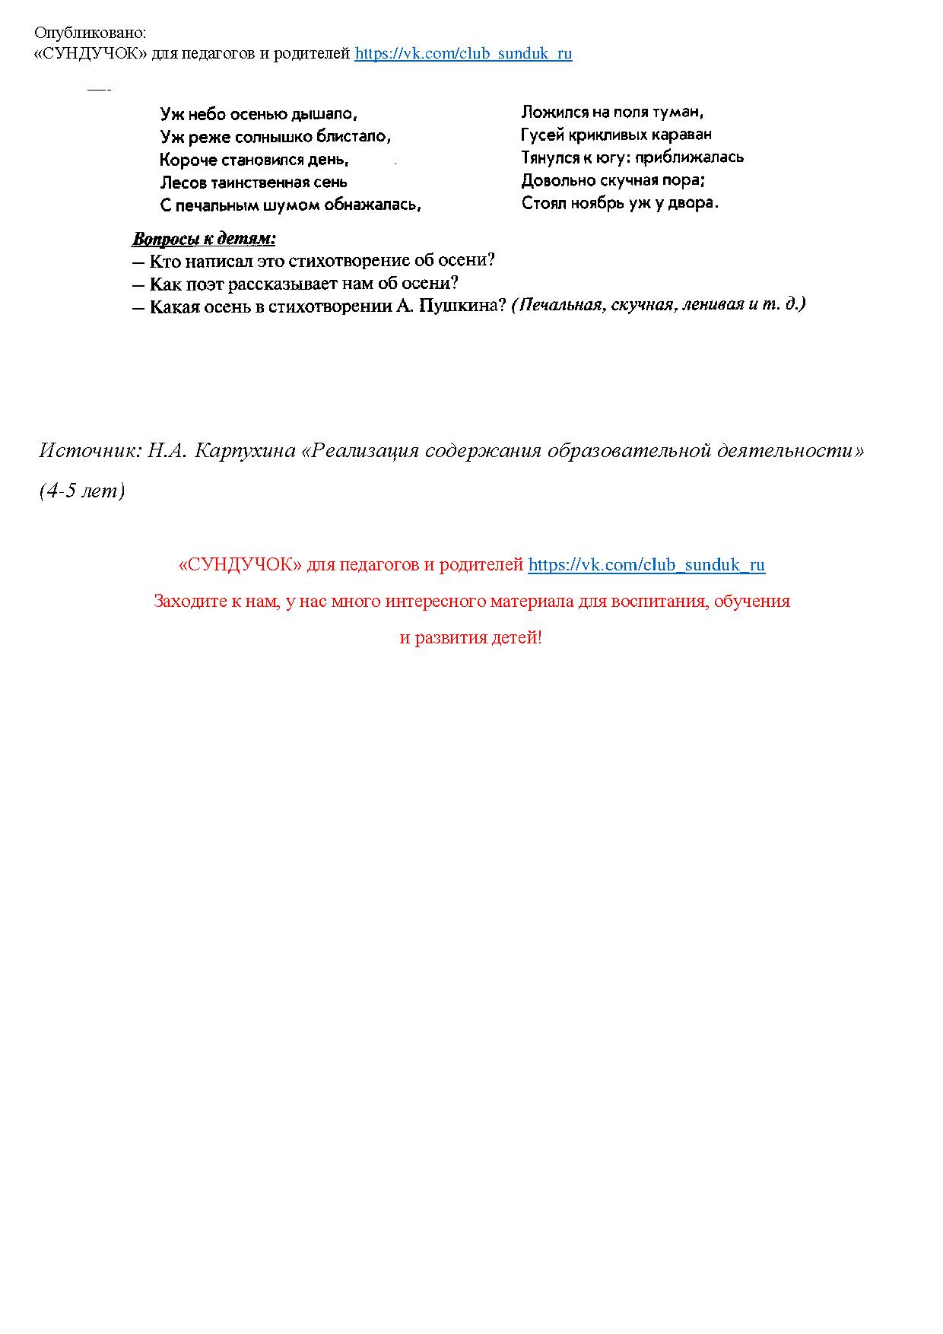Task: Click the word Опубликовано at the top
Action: [90, 33]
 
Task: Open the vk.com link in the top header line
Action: [463, 54]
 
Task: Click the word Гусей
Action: [542, 135]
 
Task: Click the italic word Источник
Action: [90, 451]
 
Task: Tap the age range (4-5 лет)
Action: [82, 491]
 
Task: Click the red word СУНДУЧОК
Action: [240, 565]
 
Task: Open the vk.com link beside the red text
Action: [646, 565]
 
